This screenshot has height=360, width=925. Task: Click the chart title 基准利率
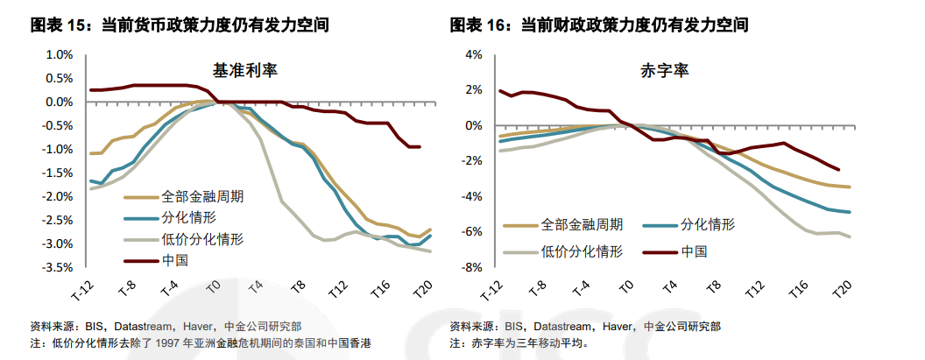(x=245, y=69)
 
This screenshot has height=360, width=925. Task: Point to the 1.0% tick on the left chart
(x=58, y=54)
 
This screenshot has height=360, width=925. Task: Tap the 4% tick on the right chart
(x=475, y=54)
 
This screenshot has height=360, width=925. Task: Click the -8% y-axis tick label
(x=472, y=267)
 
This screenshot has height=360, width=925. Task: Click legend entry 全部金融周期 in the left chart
(x=202, y=196)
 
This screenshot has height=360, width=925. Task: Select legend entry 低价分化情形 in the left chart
(x=202, y=239)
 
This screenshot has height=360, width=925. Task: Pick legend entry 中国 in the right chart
(x=694, y=251)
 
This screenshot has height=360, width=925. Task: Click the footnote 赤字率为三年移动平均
(x=530, y=343)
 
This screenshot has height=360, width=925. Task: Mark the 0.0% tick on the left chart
(x=58, y=102)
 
